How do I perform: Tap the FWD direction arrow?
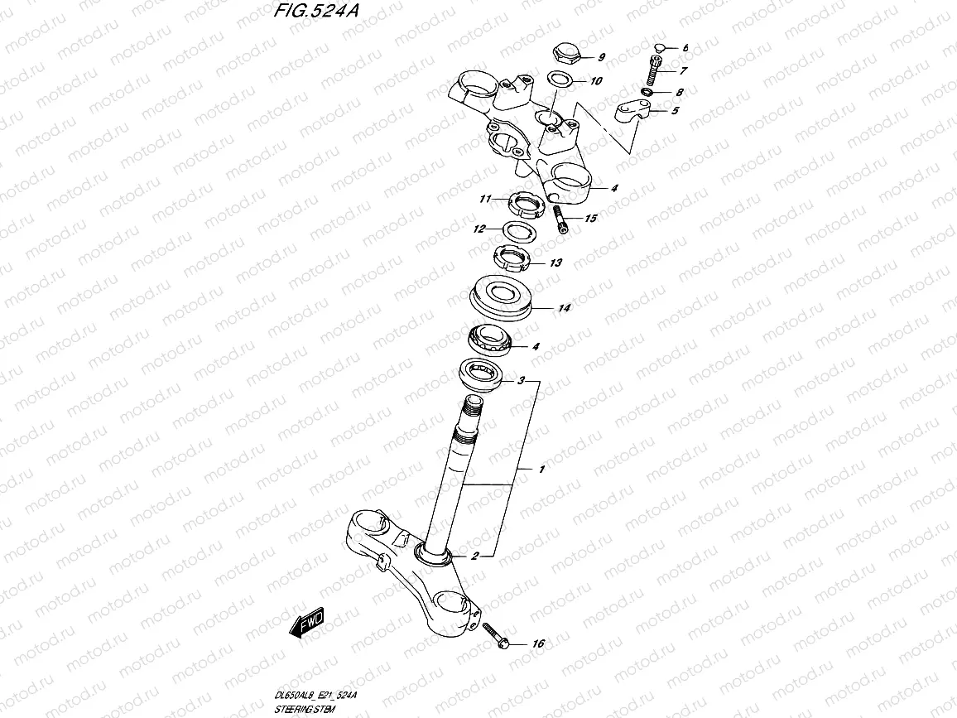click(305, 623)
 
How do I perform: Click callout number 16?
click(539, 643)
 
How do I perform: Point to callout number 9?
click(601, 57)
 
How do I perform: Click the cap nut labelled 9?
click(565, 55)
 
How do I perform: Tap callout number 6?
click(685, 49)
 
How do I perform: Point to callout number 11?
click(485, 199)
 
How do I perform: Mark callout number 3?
click(521, 382)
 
